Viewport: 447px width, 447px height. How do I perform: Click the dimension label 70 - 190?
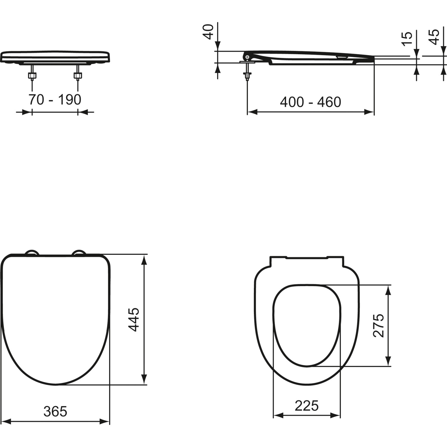pos(55,100)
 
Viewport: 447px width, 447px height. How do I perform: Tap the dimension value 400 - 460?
pos(310,102)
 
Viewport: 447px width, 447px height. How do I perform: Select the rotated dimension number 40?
pos(209,32)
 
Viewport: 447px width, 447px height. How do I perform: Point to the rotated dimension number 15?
pos(407,39)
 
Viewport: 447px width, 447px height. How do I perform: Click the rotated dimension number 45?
pos(435,37)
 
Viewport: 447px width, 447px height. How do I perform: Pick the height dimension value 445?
pos(134,320)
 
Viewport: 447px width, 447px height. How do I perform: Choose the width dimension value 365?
pos(55,412)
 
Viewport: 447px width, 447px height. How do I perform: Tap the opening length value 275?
pos(379,325)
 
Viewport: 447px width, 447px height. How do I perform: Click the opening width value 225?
pos(307,406)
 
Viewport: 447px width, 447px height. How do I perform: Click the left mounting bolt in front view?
pos(32,76)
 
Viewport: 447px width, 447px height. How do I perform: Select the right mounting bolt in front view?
pos(78,76)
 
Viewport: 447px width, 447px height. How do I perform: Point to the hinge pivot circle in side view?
pos(247,57)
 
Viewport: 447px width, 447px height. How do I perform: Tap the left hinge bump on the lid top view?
pos(32,253)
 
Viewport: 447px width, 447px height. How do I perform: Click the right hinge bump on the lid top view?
pos(79,253)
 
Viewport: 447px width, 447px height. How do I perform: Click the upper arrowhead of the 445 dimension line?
pos(144,259)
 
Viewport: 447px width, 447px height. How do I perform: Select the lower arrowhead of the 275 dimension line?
pos(388,361)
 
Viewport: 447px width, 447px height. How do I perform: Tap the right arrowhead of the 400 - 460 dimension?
pos(369,112)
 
